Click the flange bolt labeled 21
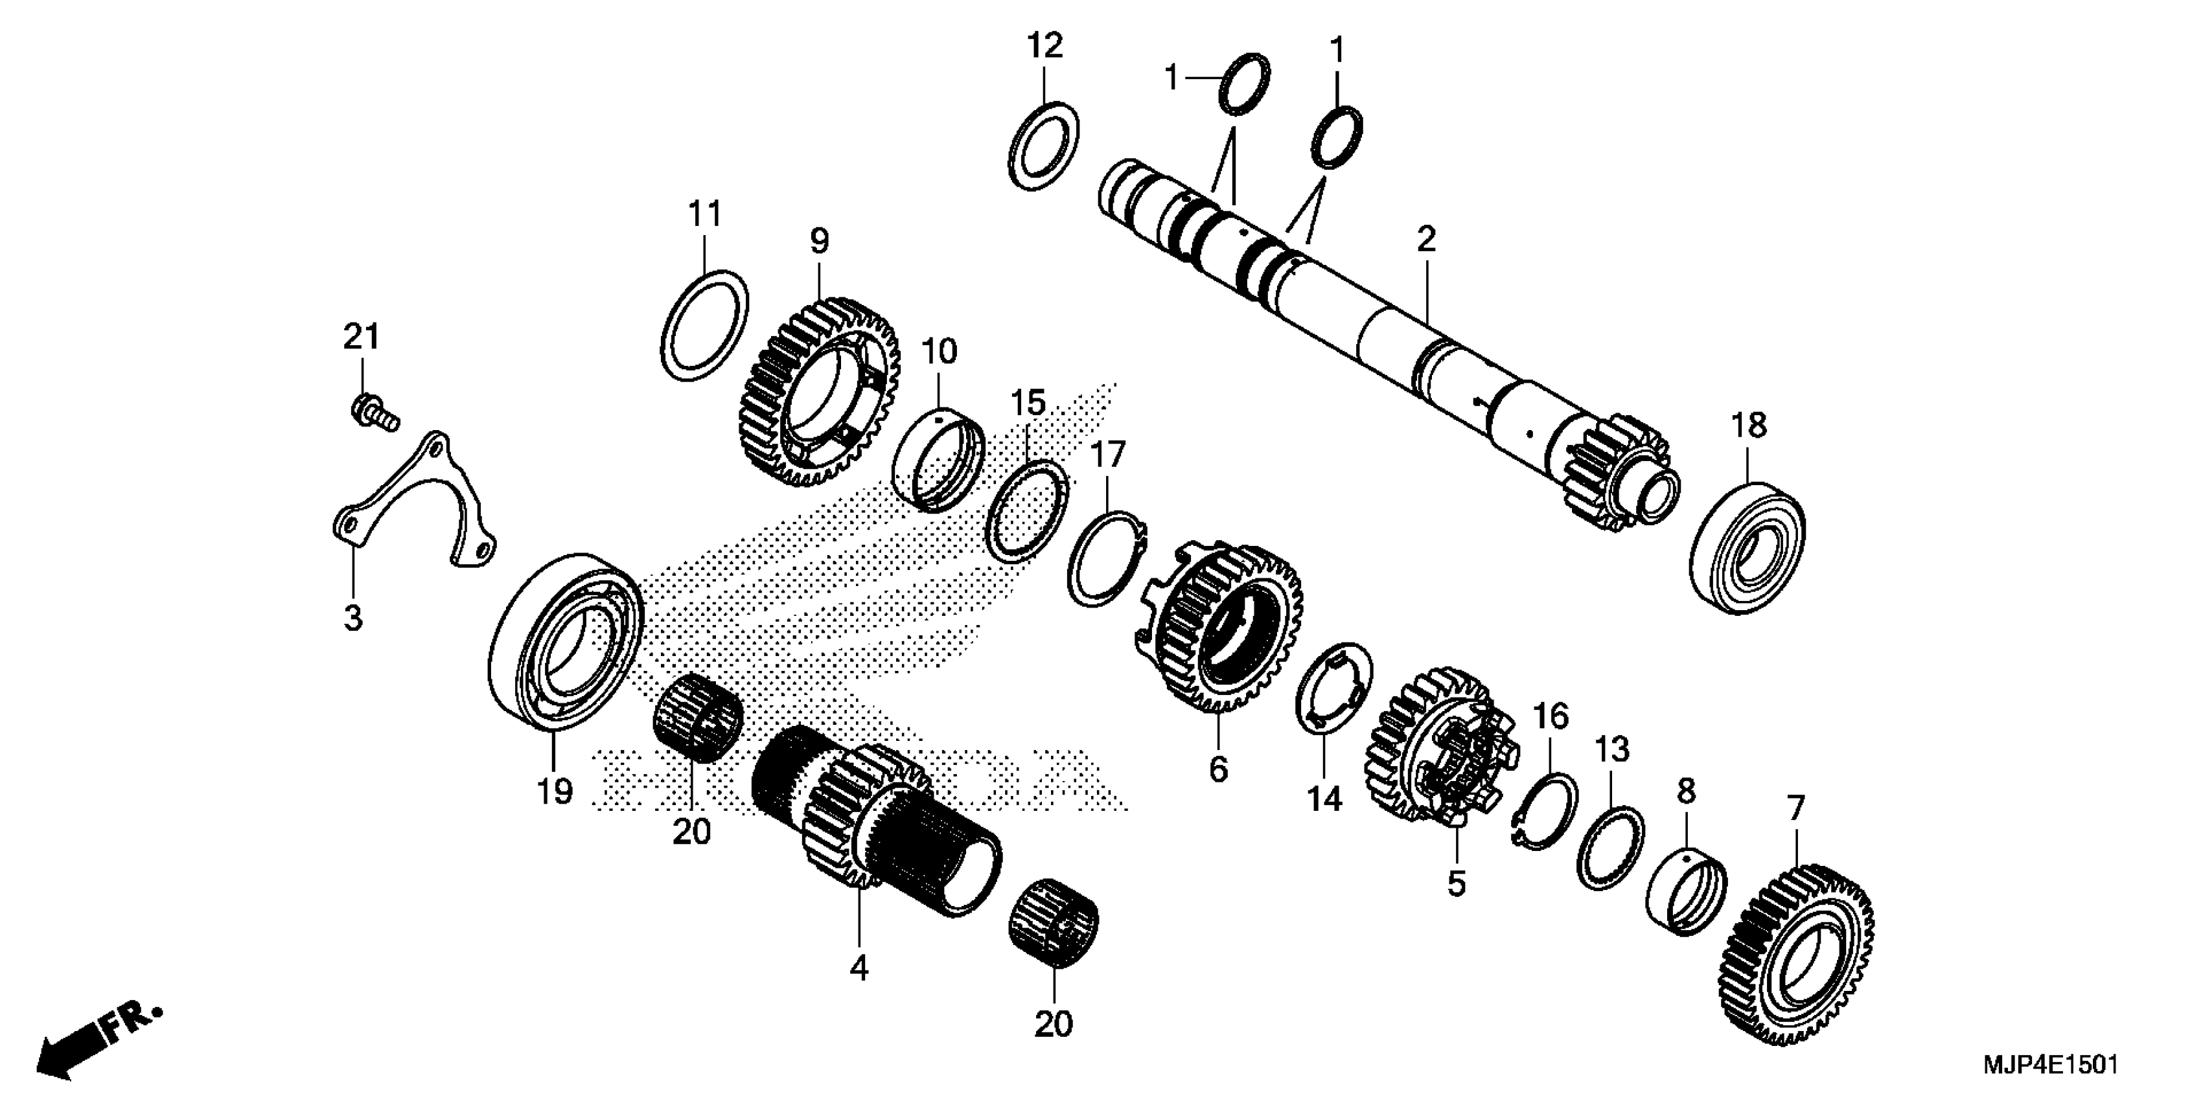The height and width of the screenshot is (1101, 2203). (374, 411)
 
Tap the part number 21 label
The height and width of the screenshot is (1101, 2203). (361, 337)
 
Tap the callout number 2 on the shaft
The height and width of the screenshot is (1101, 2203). (1425, 240)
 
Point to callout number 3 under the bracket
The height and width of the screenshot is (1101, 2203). (353, 617)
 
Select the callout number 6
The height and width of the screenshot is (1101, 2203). (1218, 769)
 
